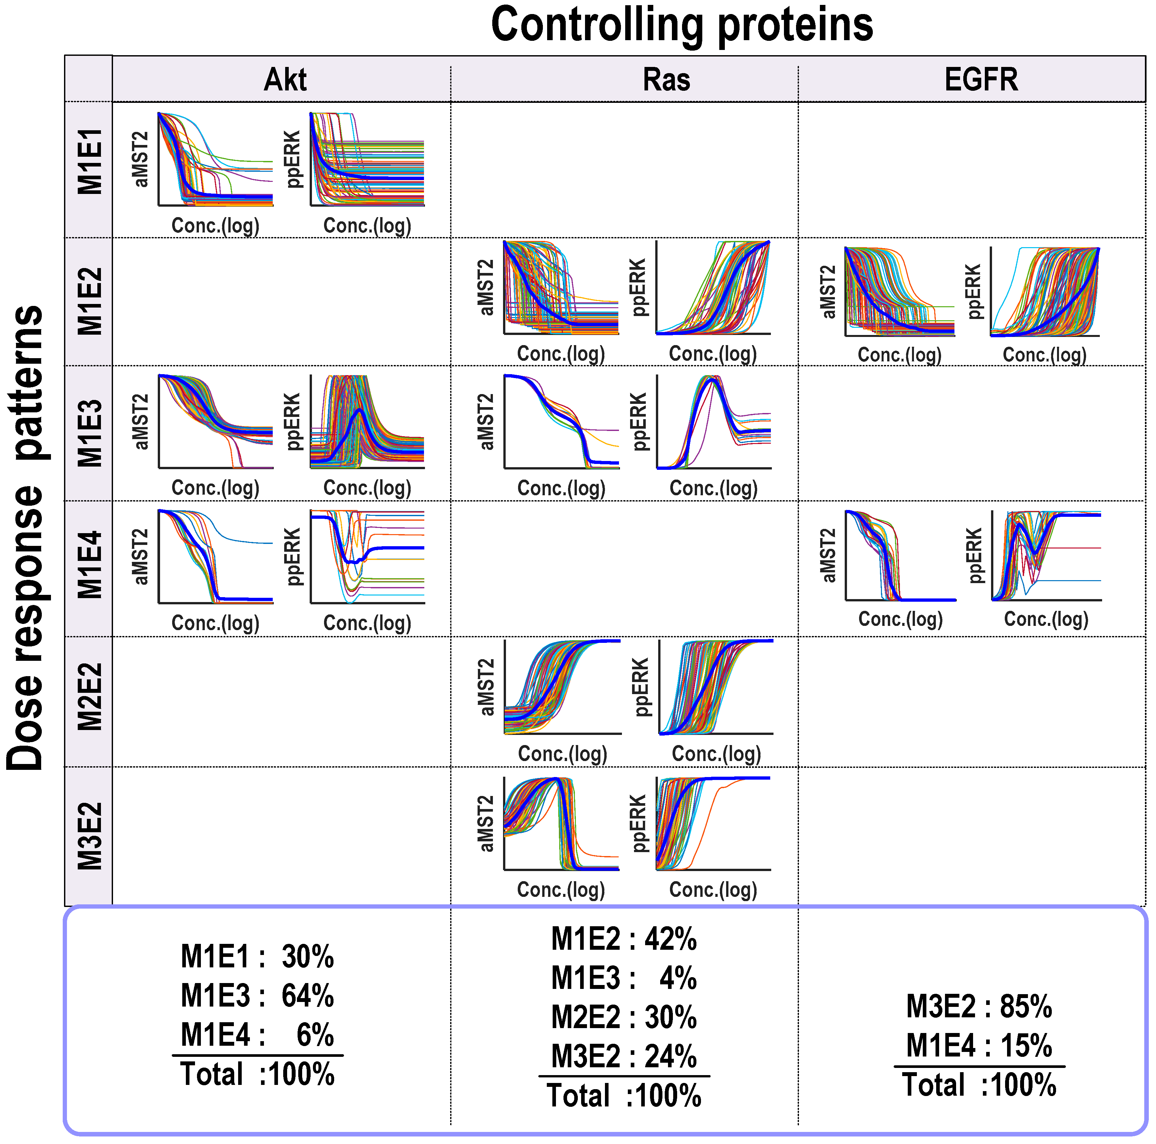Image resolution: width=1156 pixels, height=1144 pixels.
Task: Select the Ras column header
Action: point(666,80)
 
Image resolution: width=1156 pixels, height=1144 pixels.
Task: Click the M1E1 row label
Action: point(90,162)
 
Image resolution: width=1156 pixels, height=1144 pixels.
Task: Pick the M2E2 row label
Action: point(90,697)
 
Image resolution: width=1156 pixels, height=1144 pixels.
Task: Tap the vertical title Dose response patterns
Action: point(27,538)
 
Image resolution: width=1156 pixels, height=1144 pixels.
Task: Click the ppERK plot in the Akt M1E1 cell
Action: point(367,160)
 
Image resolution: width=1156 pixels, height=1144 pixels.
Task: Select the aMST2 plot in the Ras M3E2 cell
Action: point(561,823)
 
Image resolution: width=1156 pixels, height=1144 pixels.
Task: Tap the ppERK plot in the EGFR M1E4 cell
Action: point(1046,556)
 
